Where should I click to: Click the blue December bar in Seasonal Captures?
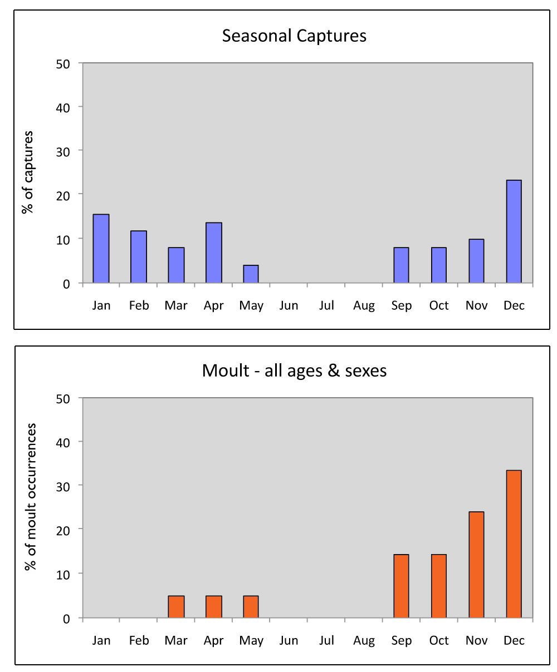click(x=514, y=231)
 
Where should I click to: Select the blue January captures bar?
click(x=101, y=249)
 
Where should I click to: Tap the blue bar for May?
click(x=251, y=274)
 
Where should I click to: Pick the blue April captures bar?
click(x=213, y=253)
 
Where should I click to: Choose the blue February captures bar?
click(x=138, y=257)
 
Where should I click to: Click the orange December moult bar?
click(x=514, y=544)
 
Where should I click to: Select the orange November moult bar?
click(x=476, y=565)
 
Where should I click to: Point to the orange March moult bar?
click(x=176, y=606)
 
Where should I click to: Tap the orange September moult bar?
click(x=401, y=586)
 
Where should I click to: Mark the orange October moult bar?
click(x=438, y=586)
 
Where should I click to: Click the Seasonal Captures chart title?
click(x=294, y=36)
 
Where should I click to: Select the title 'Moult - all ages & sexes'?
click(x=294, y=370)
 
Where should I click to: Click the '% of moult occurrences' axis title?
click(x=31, y=496)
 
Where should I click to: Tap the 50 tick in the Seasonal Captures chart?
click(x=62, y=63)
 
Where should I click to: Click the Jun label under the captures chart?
click(x=289, y=305)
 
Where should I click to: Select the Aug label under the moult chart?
click(x=364, y=640)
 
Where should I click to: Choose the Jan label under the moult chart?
click(x=101, y=640)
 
